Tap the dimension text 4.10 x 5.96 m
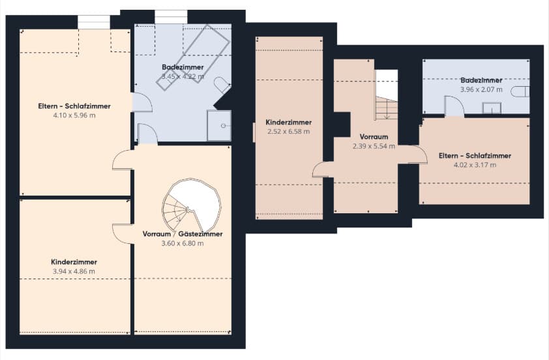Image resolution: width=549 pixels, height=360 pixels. pos(74,115)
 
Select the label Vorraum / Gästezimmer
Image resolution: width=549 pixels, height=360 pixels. pos(183,234)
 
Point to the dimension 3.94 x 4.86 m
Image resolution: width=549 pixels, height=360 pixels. pos(74,271)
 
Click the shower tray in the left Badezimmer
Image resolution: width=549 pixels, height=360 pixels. pos(219,125)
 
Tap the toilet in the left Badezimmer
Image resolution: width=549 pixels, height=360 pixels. pos(222,85)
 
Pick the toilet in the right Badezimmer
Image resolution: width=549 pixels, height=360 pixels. pos(520,92)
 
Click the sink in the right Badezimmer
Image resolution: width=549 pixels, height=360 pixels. pos(492,108)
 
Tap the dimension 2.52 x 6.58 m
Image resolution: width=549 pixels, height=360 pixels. pos(288,132)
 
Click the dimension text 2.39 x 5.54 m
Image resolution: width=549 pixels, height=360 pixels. pos(374,146)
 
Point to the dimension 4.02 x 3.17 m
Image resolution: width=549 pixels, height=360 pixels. pos(475,165)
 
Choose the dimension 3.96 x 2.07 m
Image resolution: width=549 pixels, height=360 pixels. pos(481,89)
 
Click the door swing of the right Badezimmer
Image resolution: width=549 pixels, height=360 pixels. pos(454,106)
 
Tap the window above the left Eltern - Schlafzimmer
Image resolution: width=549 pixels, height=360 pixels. pos(94,22)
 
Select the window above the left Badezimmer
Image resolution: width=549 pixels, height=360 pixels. pos(171,17)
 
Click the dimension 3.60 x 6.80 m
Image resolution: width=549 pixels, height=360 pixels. pos(183,243)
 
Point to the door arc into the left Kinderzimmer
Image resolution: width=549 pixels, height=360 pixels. pos(123,233)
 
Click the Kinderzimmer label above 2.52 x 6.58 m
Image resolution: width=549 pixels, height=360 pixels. pos(288,122)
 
